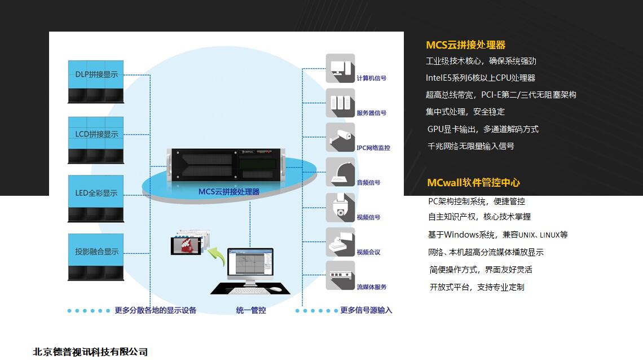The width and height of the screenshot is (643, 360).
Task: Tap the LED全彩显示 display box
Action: pyautogui.click(x=96, y=198)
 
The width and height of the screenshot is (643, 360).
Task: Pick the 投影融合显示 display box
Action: pyautogui.click(x=96, y=257)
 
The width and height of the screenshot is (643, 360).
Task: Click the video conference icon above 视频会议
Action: pyautogui.click(x=340, y=242)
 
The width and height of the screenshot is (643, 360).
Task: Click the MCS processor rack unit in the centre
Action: pyautogui.click(x=226, y=163)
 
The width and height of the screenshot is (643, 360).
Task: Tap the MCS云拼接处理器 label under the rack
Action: pyautogui.click(x=229, y=192)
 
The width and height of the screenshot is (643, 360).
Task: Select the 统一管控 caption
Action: pyautogui.click(x=251, y=310)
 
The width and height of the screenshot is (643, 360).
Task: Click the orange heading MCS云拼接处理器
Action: pyautogui.click(x=465, y=45)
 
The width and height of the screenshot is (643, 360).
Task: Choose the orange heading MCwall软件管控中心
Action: pyautogui.click(x=473, y=182)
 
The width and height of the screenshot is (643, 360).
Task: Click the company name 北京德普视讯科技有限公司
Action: pyautogui.click(x=90, y=352)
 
